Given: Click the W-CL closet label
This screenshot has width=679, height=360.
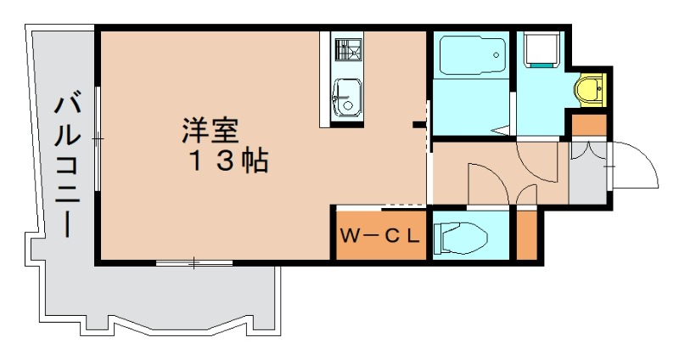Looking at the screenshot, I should click(x=379, y=235).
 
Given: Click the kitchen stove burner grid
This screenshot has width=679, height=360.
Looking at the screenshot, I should click(x=346, y=51).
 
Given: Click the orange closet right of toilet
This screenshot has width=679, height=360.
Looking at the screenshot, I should click(x=526, y=235).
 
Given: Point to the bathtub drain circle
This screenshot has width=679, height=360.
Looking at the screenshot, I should click(x=496, y=56).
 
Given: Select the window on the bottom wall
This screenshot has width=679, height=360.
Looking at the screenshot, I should click(x=194, y=263).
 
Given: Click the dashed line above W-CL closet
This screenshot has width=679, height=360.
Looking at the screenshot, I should click(x=402, y=205).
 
